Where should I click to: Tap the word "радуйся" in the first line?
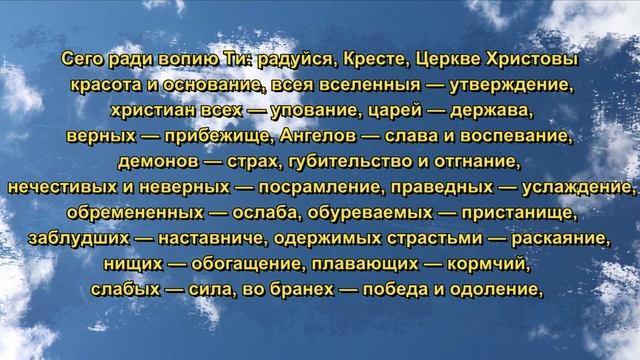coord(290,62)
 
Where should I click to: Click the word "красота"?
coord(106,85)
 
